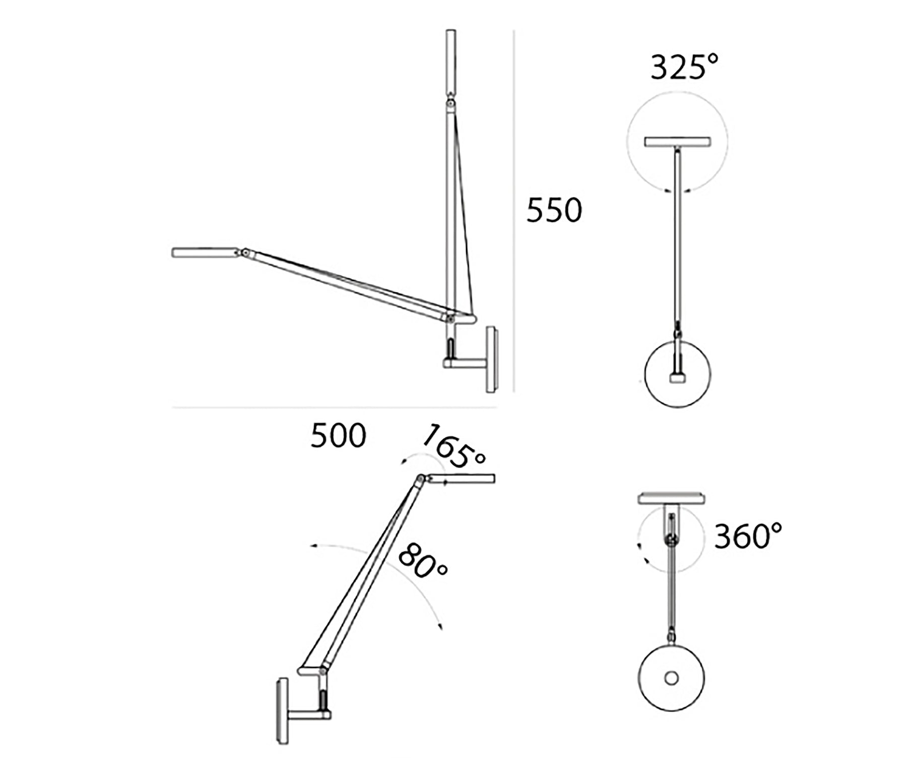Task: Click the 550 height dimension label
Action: coord(554,210)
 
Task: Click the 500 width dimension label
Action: coord(338,436)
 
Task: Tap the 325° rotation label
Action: coord(684,67)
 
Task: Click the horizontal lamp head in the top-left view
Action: coord(205,252)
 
